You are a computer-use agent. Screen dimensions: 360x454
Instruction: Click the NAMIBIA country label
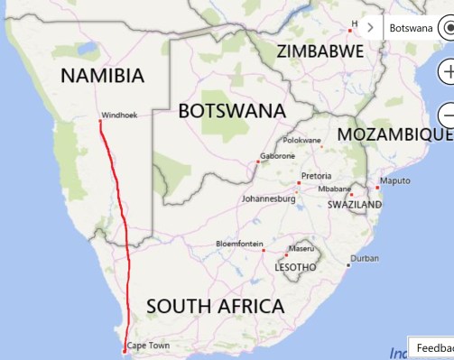point(102,75)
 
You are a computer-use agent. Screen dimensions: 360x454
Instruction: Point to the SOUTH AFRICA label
point(215,306)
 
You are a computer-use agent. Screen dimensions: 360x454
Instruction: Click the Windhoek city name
point(119,115)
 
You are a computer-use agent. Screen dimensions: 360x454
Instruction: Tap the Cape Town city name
point(148,346)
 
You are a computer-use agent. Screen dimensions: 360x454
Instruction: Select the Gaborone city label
point(277,156)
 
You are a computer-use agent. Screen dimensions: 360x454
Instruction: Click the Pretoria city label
point(316,175)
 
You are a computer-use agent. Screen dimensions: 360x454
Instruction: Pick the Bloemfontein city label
point(239,244)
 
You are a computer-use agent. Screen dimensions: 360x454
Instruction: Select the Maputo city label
point(394,180)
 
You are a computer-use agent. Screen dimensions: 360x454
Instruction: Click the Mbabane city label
point(335,189)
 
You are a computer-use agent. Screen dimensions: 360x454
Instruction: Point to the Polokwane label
point(302,140)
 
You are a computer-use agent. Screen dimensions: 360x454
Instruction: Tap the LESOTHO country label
point(295,267)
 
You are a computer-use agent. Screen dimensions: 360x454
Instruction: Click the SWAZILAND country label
point(354,206)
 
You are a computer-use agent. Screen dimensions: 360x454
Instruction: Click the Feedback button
point(433,348)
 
